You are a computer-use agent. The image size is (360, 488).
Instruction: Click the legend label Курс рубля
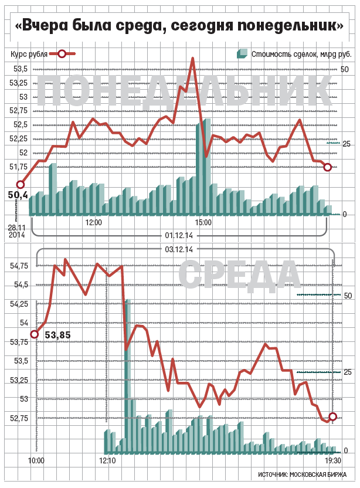[x=29, y=54]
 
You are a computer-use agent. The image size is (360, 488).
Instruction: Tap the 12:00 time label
[x=93, y=223]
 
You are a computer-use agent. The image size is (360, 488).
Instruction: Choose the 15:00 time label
[x=203, y=223]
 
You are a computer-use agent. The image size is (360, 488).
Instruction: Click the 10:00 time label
[x=36, y=461]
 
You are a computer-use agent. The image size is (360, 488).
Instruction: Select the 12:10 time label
[x=108, y=461]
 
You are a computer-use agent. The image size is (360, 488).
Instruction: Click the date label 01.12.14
[x=180, y=235]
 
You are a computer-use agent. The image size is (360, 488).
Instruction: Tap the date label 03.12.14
[x=180, y=249]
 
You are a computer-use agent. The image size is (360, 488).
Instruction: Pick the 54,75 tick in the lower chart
[x=19, y=266]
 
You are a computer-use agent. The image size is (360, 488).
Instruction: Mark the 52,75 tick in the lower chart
[x=19, y=418]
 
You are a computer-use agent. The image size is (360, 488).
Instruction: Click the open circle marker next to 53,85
[x=35, y=334]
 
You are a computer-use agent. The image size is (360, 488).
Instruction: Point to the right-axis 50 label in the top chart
[x=345, y=69]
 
